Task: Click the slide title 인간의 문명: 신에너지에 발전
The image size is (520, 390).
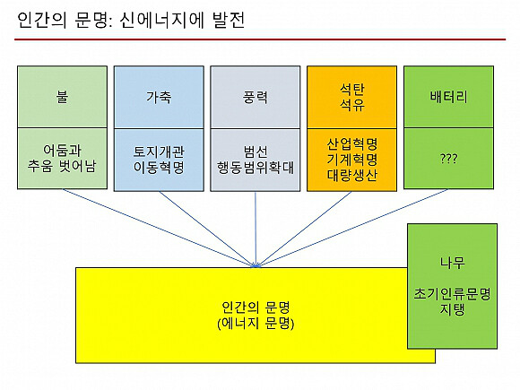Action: [x=131, y=20]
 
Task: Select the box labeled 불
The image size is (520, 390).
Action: [x=63, y=97]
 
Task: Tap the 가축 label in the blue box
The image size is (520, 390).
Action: [x=159, y=97]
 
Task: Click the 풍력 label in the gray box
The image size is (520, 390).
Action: [x=256, y=97]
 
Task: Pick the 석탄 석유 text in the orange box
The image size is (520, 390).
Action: [x=351, y=97]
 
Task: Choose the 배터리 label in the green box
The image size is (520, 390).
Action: [x=448, y=97]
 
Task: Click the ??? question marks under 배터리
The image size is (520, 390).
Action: [x=448, y=159]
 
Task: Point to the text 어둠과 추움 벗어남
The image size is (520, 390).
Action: [x=62, y=158]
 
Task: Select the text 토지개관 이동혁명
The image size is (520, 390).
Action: [x=159, y=160]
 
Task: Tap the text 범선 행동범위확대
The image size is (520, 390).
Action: [x=256, y=160]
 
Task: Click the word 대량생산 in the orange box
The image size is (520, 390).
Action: [x=351, y=175]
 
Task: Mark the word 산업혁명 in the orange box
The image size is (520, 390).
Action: [x=351, y=144]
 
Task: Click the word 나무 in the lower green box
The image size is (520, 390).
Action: [x=453, y=263]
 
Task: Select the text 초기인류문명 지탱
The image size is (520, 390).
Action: [x=452, y=301]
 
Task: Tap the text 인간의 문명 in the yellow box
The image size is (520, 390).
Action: [x=256, y=308]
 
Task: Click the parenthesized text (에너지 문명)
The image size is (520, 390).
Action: [x=256, y=323]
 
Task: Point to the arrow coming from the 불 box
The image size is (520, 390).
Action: [x=160, y=228]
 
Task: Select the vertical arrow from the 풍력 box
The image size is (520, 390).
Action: [x=256, y=230]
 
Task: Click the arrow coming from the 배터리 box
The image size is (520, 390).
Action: [x=351, y=228]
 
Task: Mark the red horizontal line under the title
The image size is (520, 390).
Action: [x=260, y=39]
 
